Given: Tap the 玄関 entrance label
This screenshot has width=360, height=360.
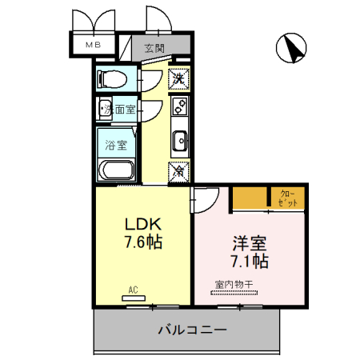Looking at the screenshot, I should click(x=154, y=48).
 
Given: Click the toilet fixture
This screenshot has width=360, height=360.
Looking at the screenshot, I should click(x=110, y=79).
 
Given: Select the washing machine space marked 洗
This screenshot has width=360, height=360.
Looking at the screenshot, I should click(x=178, y=78).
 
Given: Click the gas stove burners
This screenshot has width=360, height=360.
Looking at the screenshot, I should click(x=179, y=106).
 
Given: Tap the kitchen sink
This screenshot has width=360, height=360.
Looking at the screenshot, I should click(x=179, y=139).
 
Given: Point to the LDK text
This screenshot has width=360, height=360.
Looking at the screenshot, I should click(x=144, y=223).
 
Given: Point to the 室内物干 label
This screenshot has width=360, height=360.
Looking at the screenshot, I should click(x=233, y=284).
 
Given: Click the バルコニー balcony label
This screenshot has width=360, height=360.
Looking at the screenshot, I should click(x=191, y=329).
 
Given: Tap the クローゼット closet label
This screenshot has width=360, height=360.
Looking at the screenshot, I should click(x=289, y=198).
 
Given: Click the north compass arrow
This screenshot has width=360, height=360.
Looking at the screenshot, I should click(x=292, y=50).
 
